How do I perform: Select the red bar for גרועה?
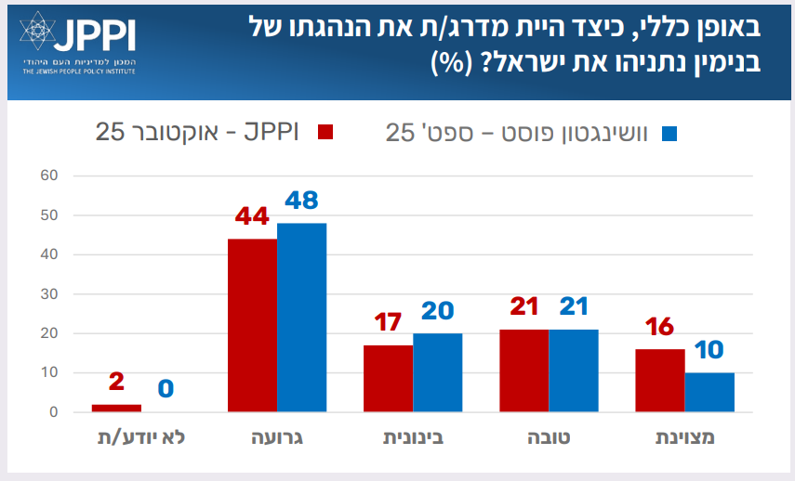pyautogui.click(x=252, y=325)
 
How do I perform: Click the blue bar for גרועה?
pyautogui.click(x=301, y=317)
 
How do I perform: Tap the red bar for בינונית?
pyautogui.click(x=388, y=378)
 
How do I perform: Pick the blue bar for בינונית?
pyautogui.click(x=437, y=372)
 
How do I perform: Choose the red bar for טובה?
pyautogui.click(x=523, y=370)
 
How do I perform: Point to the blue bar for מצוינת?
pyautogui.click(x=709, y=392)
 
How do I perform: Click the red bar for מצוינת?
pyautogui.click(x=660, y=380)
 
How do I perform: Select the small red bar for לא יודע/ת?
pyautogui.click(x=116, y=408)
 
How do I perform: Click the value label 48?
pyautogui.click(x=301, y=201)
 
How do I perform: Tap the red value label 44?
pyautogui.click(x=252, y=216)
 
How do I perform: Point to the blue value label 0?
pyautogui.click(x=166, y=388)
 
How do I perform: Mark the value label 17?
pyautogui.click(x=388, y=322)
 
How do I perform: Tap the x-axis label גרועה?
pyautogui.click(x=276, y=437)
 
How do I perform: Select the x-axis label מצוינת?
pyautogui.click(x=685, y=437)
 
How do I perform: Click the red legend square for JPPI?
pyautogui.click(x=325, y=132)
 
